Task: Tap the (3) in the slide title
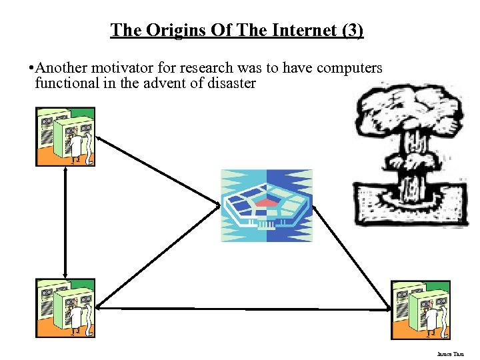point(351,30)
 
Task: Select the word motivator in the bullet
point(127,68)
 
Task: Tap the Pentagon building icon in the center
point(267,205)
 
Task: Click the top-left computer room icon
point(65,137)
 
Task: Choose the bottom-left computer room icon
point(65,308)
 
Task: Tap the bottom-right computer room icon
point(421,310)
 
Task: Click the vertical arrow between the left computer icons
point(65,222)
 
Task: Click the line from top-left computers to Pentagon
point(159,169)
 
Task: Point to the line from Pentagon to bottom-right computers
point(351,256)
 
